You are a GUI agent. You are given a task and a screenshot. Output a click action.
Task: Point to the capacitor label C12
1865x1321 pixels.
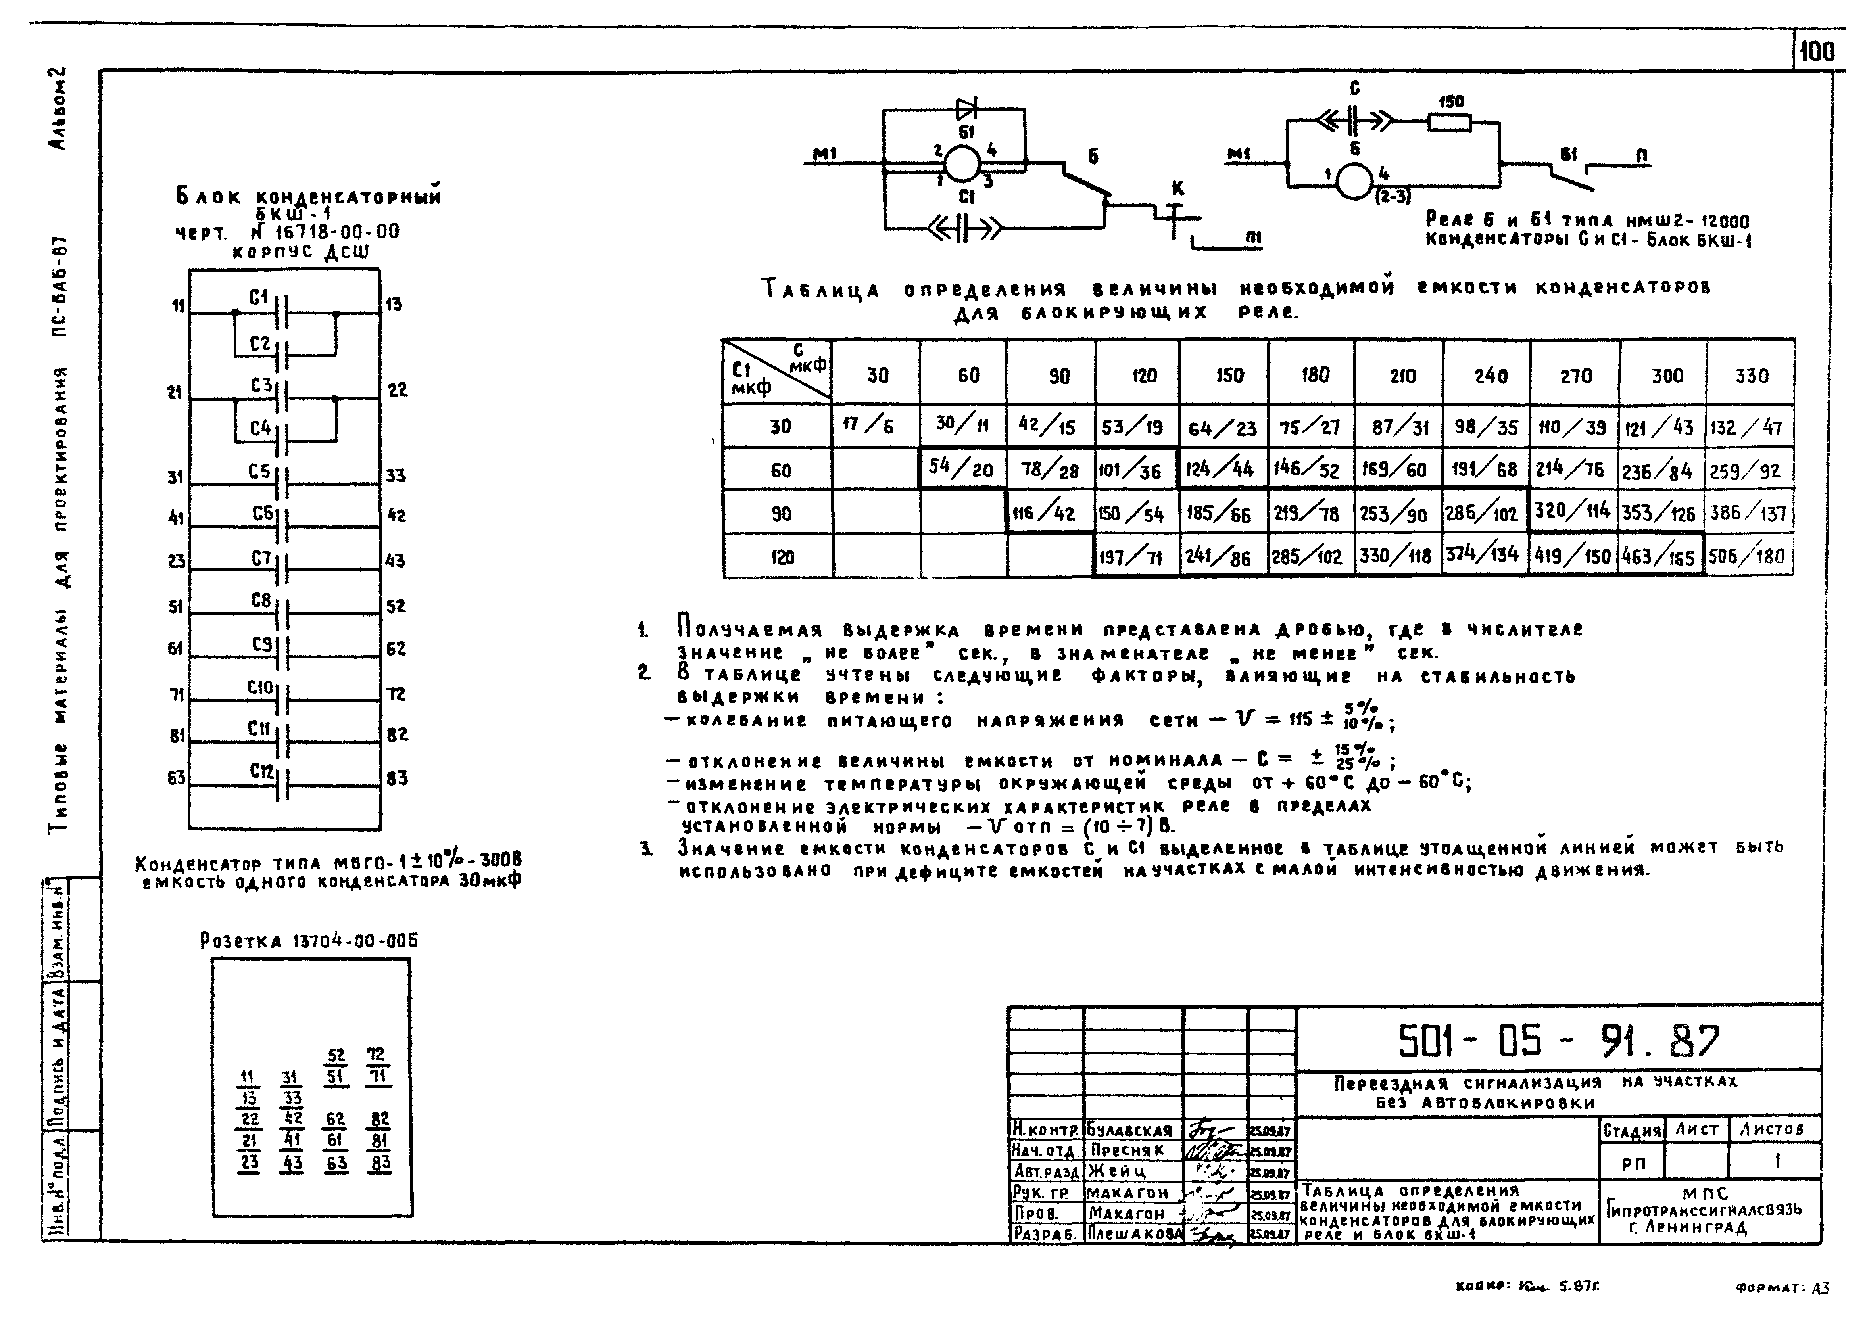point(261,770)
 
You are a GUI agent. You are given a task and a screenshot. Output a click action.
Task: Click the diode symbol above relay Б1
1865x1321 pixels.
point(967,107)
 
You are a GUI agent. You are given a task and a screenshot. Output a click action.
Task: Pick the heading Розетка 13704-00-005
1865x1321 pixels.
point(309,941)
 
